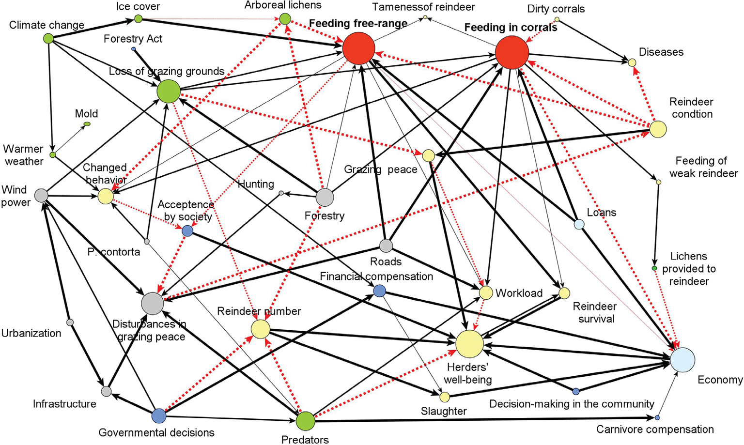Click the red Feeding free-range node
(x=358, y=49)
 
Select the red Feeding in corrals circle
(x=512, y=52)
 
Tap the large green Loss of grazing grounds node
(x=169, y=91)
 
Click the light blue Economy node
(x=682, y=360)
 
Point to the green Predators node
(x=305, y=421)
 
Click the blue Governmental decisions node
(x=159, y=415)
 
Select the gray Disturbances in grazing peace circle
(x=152, y=304)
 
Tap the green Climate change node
(x=48, y=38)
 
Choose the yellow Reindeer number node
(x=261, y=330)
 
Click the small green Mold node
(x=87, y=124)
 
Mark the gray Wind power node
(x=41, y=195)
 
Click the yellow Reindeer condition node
(x=657, y=129)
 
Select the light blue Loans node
(x=579, y=224)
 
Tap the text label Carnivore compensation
(x=655, y=430)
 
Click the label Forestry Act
(x=133, y=39)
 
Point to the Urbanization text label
(x=31, y=333)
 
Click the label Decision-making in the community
(x=572, y=404)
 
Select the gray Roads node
(x=386, y=246)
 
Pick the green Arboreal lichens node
(x=285, y=19)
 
